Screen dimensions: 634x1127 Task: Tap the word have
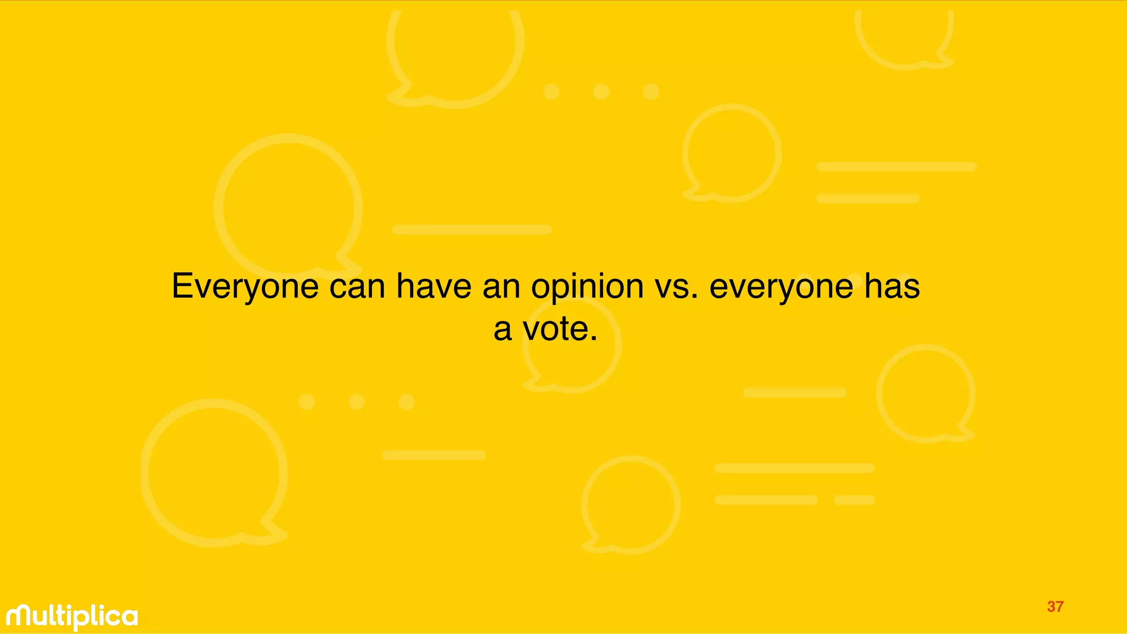(x=434, y=287)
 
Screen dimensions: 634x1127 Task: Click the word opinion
(x=587, y=287)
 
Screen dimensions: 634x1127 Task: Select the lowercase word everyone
(x=781, y=287)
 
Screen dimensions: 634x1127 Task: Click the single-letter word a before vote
(x=502, y=330)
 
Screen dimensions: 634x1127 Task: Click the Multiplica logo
(x=72, y=617)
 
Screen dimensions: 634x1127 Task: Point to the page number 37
(x=1055, y=606)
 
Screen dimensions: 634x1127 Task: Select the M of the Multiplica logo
(x=20, y=616)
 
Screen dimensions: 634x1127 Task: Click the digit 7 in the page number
(x=1059, y=606)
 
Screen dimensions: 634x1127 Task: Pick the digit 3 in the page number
(x=1051, y=606)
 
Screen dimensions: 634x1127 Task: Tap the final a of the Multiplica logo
(x=129, y=617)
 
